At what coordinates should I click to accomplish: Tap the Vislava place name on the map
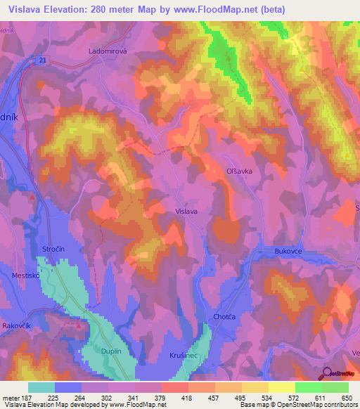(x=186, y=211)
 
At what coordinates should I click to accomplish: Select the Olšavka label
(x=239, y=171)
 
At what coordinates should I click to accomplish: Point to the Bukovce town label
(x=288, y=250)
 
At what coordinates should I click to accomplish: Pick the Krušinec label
(x=184, y=356)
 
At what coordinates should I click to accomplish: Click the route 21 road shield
(x=43, y=60)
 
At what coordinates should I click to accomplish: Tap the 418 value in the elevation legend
(x=187, y=397)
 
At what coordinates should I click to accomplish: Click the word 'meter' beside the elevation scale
(x=12, y=397)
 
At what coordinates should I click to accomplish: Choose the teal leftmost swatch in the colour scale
(x=41, y=387)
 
